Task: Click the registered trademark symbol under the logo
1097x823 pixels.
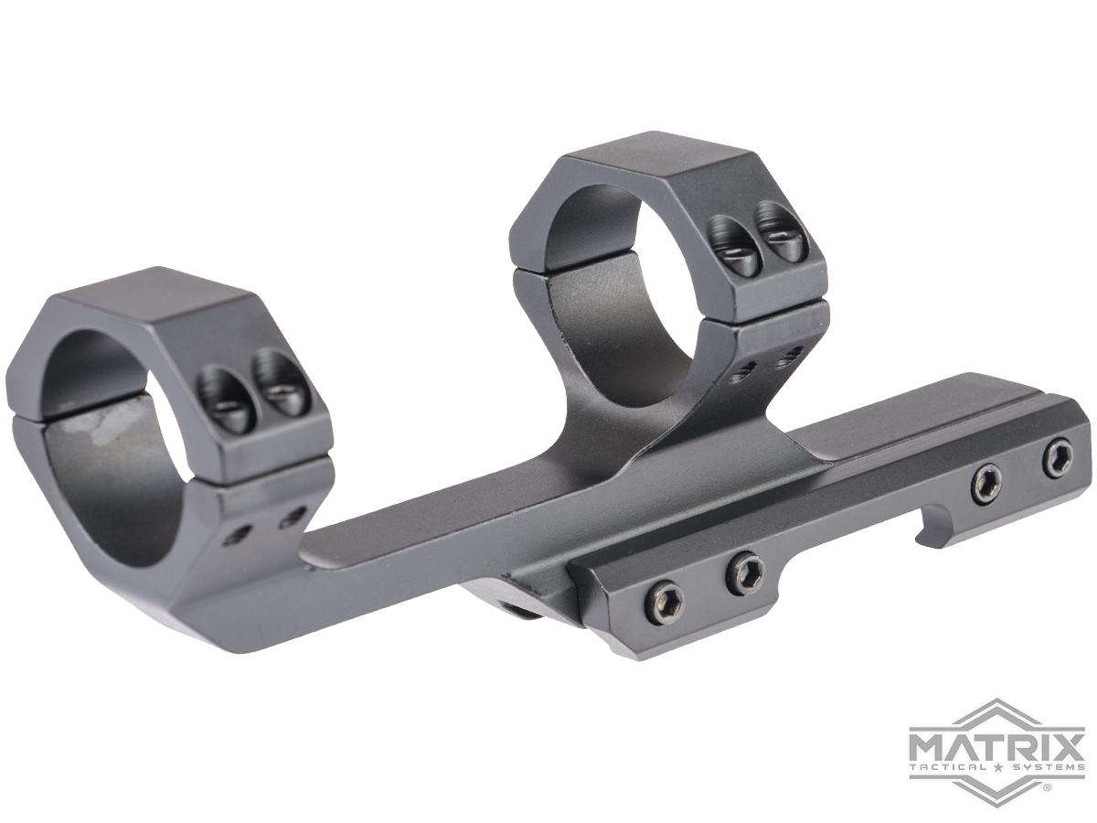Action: pyautogui.click(x=1049, y=785)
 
